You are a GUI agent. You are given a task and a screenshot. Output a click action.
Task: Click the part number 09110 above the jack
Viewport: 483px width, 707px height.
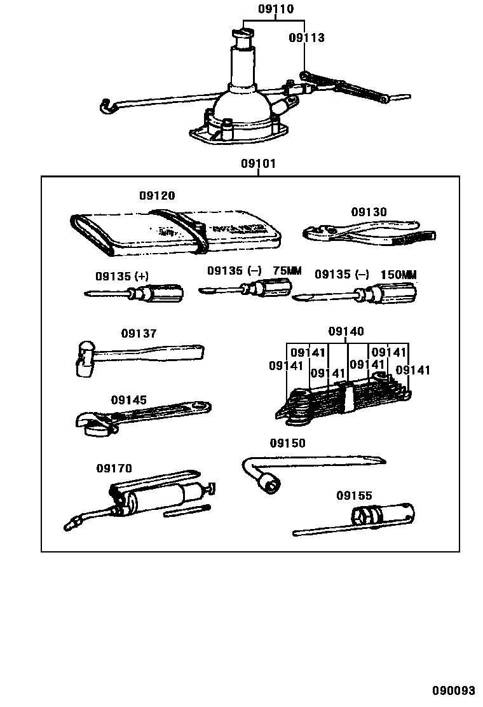click(x=276, y=10)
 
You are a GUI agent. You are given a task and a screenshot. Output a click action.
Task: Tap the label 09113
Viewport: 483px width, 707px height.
click(x=306, y=38)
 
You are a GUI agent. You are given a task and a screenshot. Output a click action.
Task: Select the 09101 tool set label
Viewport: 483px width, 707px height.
click(x=258, y=164)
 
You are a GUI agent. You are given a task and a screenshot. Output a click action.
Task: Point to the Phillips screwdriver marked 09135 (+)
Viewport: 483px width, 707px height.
click(x=137, y=294)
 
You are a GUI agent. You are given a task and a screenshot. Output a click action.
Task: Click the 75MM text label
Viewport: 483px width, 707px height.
click(x=287, y=271)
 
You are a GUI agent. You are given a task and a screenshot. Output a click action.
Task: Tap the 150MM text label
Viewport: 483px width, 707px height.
click(x=398, y=275)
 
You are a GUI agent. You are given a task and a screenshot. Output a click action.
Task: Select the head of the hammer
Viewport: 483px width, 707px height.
click(x=85, y=360)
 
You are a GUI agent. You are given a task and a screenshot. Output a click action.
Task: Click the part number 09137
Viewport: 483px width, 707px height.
click(x=139, y=333)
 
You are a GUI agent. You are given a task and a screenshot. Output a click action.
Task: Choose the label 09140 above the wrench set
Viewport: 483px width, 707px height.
click(x=346, y=331)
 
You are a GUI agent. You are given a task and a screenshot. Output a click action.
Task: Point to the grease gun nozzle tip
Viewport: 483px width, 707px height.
click(x=71, y=525)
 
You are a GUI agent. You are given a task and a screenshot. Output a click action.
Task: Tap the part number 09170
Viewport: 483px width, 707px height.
click(x=114, y=469)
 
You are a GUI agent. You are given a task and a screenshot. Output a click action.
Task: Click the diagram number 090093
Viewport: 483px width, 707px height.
click(x=454, y=691)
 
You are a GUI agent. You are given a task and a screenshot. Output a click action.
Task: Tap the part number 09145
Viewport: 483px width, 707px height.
click(x=129, y=400)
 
